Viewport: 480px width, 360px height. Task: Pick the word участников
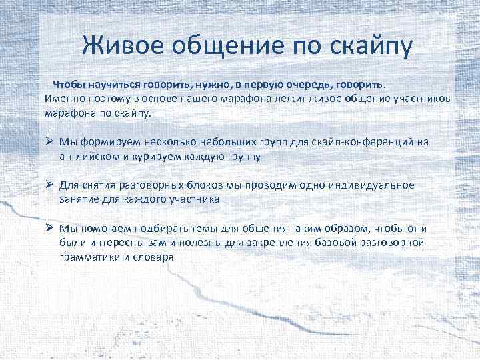pyautogui.click(x=419, y=99)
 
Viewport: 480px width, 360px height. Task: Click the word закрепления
pyautogui.click(x=279, y=243)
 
